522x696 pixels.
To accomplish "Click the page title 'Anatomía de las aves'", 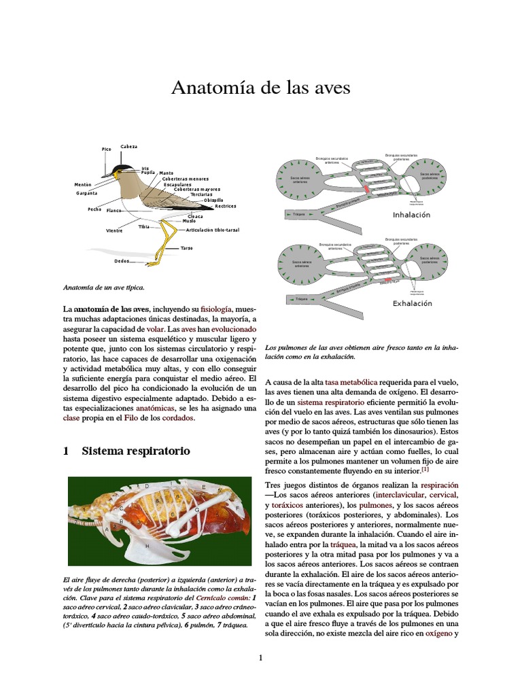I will [x=260, y=88].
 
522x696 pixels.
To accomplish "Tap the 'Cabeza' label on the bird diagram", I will [x=128, y=147].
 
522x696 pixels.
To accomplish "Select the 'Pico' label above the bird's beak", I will [x=106, y=149].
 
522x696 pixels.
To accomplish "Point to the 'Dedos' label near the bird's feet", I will [x=122, y=261].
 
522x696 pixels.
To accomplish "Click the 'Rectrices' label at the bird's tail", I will [x=225, y=206].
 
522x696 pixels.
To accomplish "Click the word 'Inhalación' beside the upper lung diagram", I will [x=412, y=215].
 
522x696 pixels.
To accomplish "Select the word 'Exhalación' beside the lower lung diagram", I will [x=412, y=304].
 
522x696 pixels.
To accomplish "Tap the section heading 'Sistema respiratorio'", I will [x=136, y=451].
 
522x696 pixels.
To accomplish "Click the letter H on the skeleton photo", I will [x=147, y=546].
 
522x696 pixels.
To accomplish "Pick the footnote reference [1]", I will [x=425, y=469].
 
